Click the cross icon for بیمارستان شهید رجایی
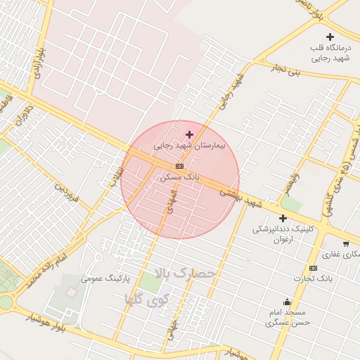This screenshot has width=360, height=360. (189, 134)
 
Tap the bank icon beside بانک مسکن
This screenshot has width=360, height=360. (179, 166)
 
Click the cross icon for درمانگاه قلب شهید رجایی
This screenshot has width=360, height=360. (330, 37)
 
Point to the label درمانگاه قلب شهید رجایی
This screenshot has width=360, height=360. (329, 53)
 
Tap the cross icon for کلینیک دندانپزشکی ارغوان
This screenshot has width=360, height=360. (283, 218)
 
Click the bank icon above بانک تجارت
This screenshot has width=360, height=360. (313, 268)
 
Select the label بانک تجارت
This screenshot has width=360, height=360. (314, 279)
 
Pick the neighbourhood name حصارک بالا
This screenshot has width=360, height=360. (181, 272)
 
